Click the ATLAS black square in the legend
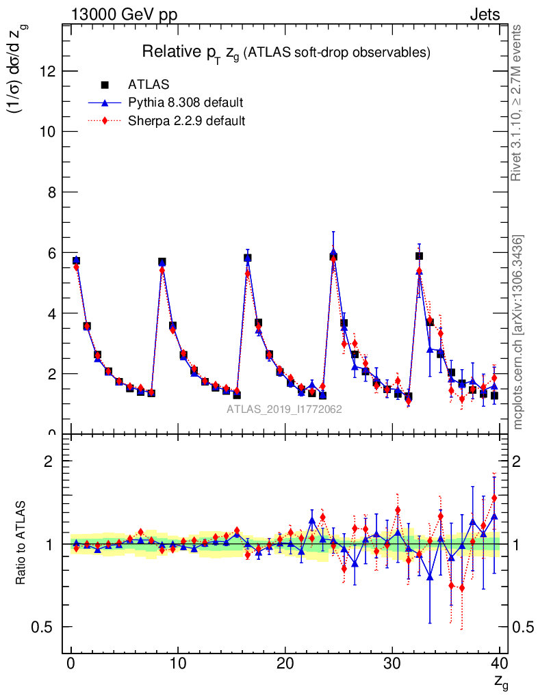tap(105, 85)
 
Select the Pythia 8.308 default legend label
tap(185, 103)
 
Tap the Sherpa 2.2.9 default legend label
tap(187, 121)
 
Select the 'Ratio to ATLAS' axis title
tap(22, 544)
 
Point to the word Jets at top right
tap(485, 14)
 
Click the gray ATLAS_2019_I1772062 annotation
tap(284, 409)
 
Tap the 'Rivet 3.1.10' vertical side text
tap(517, 103)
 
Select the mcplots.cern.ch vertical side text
tap(518, 332)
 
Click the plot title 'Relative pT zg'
tap(285, 52)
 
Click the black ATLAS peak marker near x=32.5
tap(419, 256)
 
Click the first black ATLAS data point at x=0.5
tap(76, 260)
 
